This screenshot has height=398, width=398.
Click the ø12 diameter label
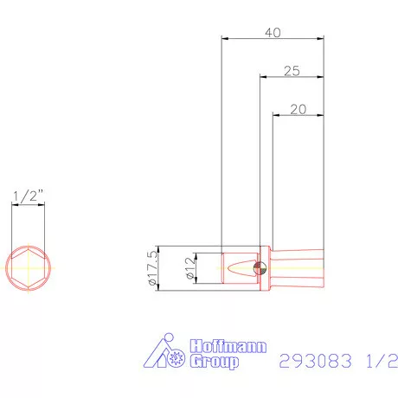click(189, 268)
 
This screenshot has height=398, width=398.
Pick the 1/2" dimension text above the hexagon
click(27, 196)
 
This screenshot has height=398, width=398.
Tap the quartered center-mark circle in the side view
click(259, 268)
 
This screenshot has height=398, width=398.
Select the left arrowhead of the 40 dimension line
click(225, 39)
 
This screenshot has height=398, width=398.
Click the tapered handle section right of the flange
click(298, 268)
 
